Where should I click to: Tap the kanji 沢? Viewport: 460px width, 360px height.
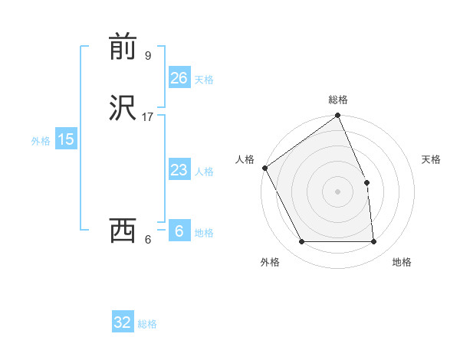tap(124, 108)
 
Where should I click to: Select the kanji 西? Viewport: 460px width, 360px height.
tap(124, 231)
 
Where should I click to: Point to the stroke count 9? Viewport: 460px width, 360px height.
tap(148, 56)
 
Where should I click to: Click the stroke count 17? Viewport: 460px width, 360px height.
tap(148, 117)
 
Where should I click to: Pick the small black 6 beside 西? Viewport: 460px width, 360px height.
tap(148, 240)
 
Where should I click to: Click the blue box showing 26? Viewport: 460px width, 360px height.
tap(179, 77)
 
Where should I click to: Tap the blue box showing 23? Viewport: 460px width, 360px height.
tap(179, 170)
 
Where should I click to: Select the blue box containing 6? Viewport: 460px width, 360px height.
tap(179, 231)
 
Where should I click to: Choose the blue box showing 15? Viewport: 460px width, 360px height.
tap(65, 139)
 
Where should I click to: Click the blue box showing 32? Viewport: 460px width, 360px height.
tap(123, 322)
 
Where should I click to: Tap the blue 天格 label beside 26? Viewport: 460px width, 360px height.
tap(204, 80)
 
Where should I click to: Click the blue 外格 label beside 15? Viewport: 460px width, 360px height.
tap(41, 141)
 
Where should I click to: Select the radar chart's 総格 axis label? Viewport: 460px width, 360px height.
tap(338, 100)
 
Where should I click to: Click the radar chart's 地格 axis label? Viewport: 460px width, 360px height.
tap(402, 262)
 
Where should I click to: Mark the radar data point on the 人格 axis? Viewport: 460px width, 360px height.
tap(264, 168)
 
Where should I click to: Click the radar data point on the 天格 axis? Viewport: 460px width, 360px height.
tap(366, 182)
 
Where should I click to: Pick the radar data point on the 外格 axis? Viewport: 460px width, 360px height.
tap(301, 242)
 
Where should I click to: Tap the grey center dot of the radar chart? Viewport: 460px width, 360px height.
tap(338, 191)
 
